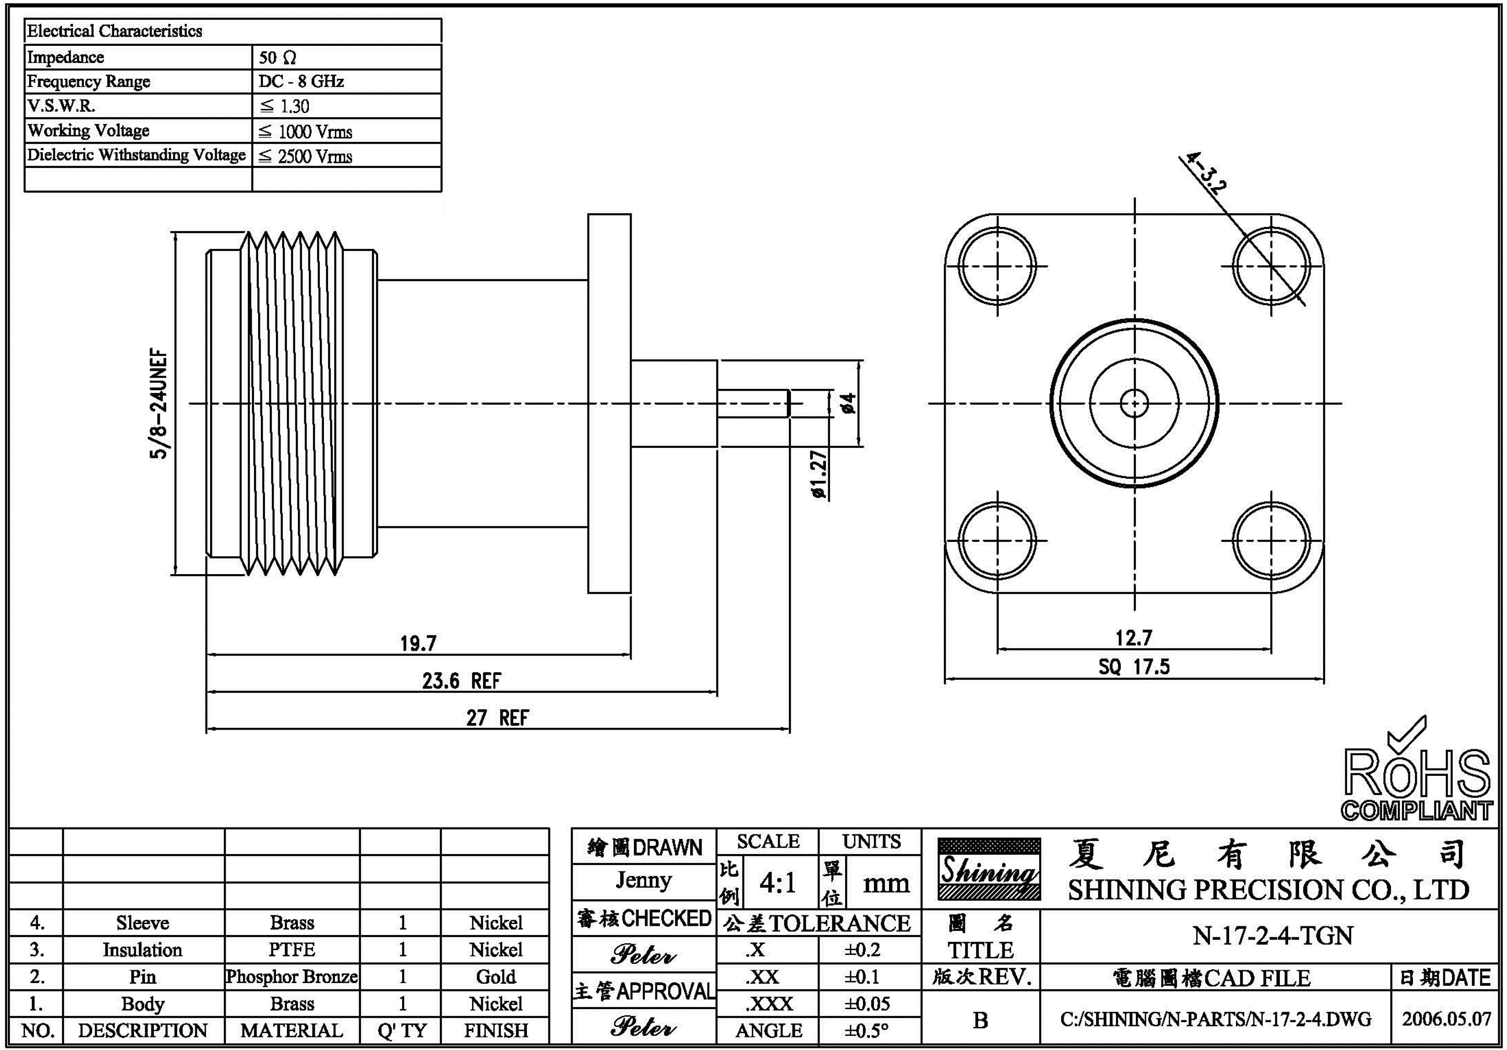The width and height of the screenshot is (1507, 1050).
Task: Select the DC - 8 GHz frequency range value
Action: (301, 82)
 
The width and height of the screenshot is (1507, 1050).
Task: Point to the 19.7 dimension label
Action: (418, 643)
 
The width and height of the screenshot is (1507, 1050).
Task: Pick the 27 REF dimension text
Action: (497, 718)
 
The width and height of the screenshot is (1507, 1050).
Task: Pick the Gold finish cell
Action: (496, 976)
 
